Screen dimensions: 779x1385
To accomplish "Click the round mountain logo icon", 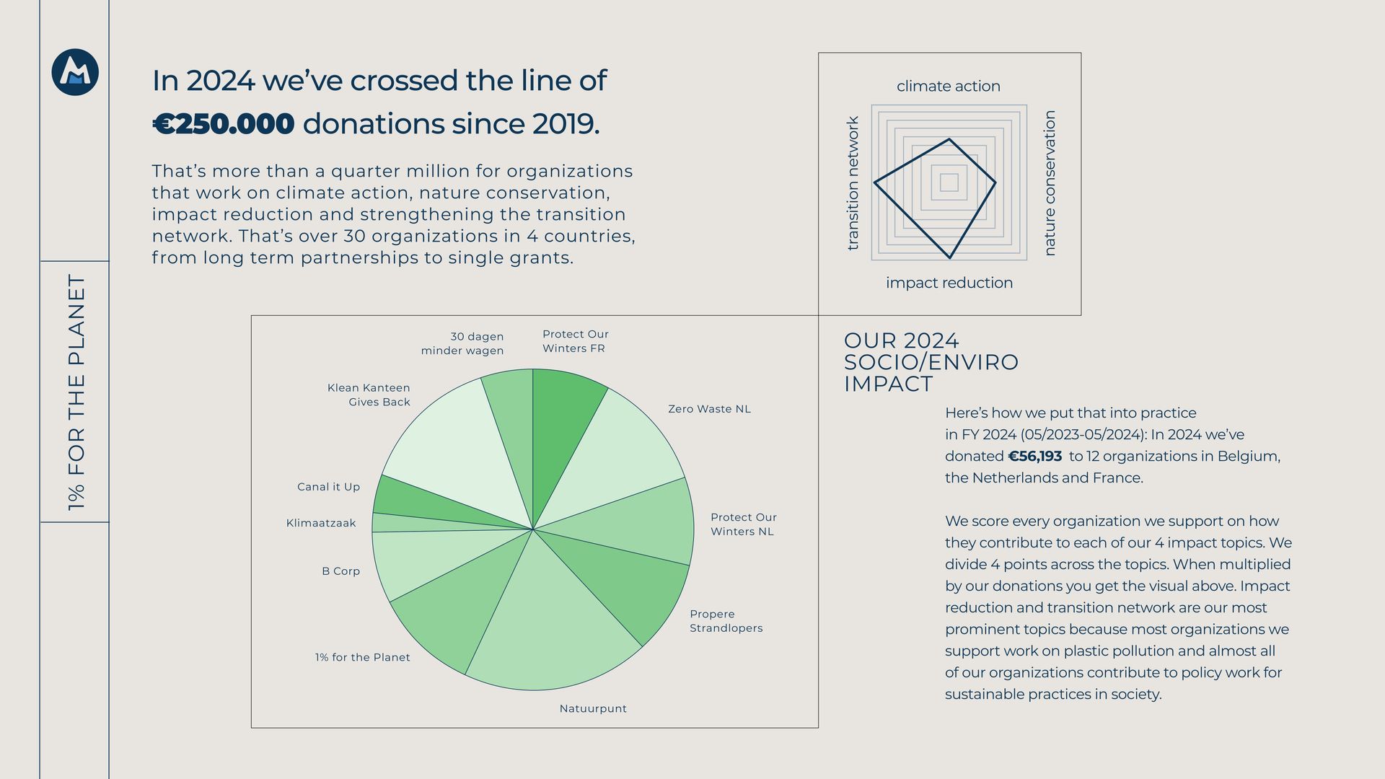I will pyautogui.click(x=75, y=72).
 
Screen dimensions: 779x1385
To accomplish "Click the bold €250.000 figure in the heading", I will pyautogui.click(x=224, y=124).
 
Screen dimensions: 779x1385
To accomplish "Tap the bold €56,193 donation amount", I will pyautogui.click(x=1035, y=457).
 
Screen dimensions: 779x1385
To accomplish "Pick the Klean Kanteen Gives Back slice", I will pyautogui.click(x=454, y=447).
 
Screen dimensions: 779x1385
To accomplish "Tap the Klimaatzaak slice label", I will pyautogui.click(x=321, y=524).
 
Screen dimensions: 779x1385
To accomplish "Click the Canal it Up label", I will pyautogui.click(x=328, y=488).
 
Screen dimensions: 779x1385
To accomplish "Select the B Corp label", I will pyautogui.click(x=340, y=571).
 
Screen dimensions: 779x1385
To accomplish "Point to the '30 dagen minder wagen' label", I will pyautogui.click(x=463, y=343).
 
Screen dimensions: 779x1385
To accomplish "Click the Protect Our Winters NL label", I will pyautogui.click(x=743, y=524).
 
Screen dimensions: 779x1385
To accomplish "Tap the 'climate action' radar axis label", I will pyautogui.click(x=948, y=87).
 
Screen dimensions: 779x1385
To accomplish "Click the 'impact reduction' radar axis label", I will pyautogui.click(x=949, y=283).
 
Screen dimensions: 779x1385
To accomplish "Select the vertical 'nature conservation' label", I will pyautogui.click(x=1050, y=183).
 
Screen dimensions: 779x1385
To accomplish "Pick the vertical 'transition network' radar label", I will pyautogui.click(x=853, y=183).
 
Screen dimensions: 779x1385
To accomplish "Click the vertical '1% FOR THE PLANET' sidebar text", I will pyautogui.click(x=76, y=392).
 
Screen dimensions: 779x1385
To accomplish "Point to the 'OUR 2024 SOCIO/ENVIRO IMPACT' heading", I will pyautogui.click(x=931, y=362).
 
